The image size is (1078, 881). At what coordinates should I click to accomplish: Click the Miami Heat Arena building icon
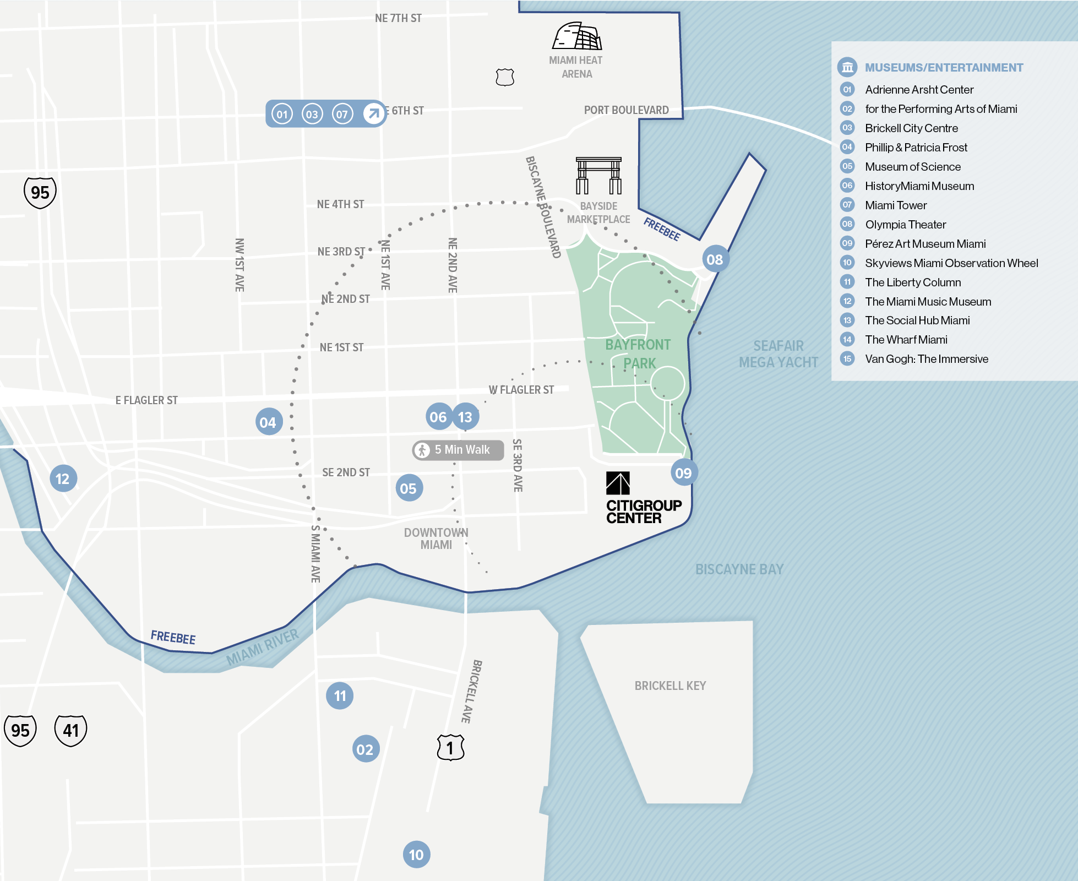coord(577,36)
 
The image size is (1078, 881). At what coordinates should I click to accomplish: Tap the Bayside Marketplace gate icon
coord(598,176)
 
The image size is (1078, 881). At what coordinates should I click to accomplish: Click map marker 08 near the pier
coord(715,259)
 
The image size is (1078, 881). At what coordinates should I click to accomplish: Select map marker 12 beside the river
coord(63,478)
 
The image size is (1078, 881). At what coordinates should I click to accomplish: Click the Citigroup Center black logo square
coord(618,483)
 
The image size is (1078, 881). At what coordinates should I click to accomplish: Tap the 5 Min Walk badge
coord(458,450)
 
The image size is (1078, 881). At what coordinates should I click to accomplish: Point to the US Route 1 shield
coord(450,747)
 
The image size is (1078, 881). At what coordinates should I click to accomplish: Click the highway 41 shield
coord(70,730)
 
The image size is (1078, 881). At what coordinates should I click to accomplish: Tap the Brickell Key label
coord(670,686)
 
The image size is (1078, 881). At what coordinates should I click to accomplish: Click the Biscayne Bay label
coord(739,569)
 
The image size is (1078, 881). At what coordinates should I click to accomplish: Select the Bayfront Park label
coord(638,354)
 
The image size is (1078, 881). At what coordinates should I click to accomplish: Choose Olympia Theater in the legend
coord(905,225)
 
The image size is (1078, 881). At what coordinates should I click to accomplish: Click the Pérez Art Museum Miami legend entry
coord(925,244)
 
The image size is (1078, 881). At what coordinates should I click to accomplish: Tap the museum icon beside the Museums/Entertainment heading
coord(847,67)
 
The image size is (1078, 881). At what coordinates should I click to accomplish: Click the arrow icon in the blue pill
coord(373,114)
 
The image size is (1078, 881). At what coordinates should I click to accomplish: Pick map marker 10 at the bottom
coord(416,855)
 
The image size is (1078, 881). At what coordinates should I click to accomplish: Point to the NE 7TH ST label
coord(398,18)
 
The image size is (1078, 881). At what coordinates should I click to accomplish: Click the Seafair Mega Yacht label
coord(778,354)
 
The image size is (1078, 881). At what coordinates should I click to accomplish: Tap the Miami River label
coord(263,647)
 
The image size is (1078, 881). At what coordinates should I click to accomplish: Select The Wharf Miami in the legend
coord(906,340)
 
